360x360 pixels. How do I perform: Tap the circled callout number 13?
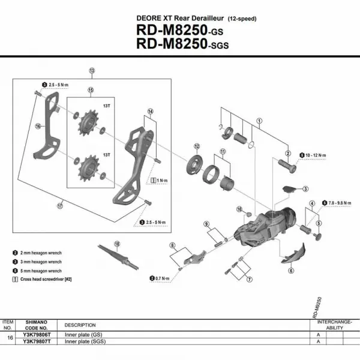[x=92, y=71]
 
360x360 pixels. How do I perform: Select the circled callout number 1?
[x=259, y=120]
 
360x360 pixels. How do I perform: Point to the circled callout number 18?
[x=117, y=244]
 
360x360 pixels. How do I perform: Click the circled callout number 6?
[x=291, y=271]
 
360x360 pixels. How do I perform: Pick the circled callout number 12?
[x=196, y=146]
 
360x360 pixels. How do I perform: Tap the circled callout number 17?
[x=60, y=206]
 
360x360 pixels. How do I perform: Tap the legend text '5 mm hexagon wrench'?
[x=40, y=271]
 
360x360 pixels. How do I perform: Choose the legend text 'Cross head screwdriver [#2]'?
[x=46, y=279]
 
